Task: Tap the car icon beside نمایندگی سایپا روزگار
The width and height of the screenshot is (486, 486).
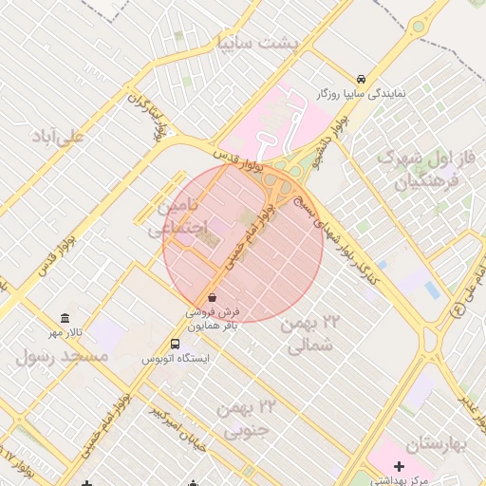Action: pyautogui.click(x=361, y=79)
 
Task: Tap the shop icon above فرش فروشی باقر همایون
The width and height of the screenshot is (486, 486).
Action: pyautogui.click(x=212, y=297)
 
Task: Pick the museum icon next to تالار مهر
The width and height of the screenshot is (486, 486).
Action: pyautogui.click(x=65, y=318)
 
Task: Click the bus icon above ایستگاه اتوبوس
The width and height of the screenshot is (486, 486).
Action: pyautogui.click(x=175, y=344)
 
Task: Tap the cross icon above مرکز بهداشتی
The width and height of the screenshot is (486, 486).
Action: pyautogui.click(x=399, y=466)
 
